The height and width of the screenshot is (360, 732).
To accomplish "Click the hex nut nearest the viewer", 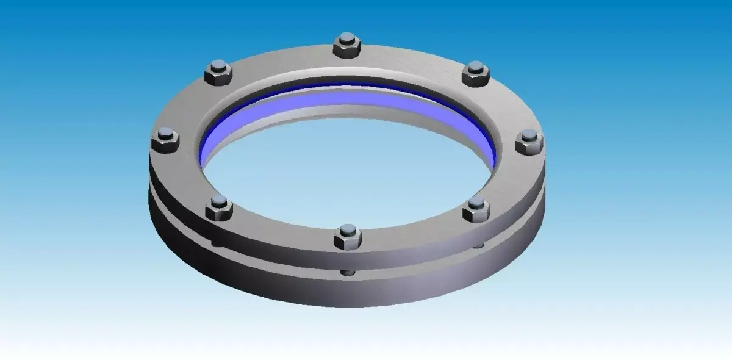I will (x=348, y=237).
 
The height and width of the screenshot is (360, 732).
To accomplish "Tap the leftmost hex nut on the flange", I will (x=164, y=141).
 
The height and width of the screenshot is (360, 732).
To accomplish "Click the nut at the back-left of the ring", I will (x=218, y=74).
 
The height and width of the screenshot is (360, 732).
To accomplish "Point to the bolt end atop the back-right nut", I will (x=476, y=67).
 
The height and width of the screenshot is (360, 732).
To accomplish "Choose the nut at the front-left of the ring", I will (x=219, y=209).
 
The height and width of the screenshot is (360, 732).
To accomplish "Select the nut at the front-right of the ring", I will (x=476, y=210).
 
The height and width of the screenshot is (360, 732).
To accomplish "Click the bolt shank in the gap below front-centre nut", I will (x=347, y=272).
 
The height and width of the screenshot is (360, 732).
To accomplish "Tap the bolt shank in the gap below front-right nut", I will (x=479, y=245).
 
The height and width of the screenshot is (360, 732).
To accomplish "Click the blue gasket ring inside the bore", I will (x=342, y=98).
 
